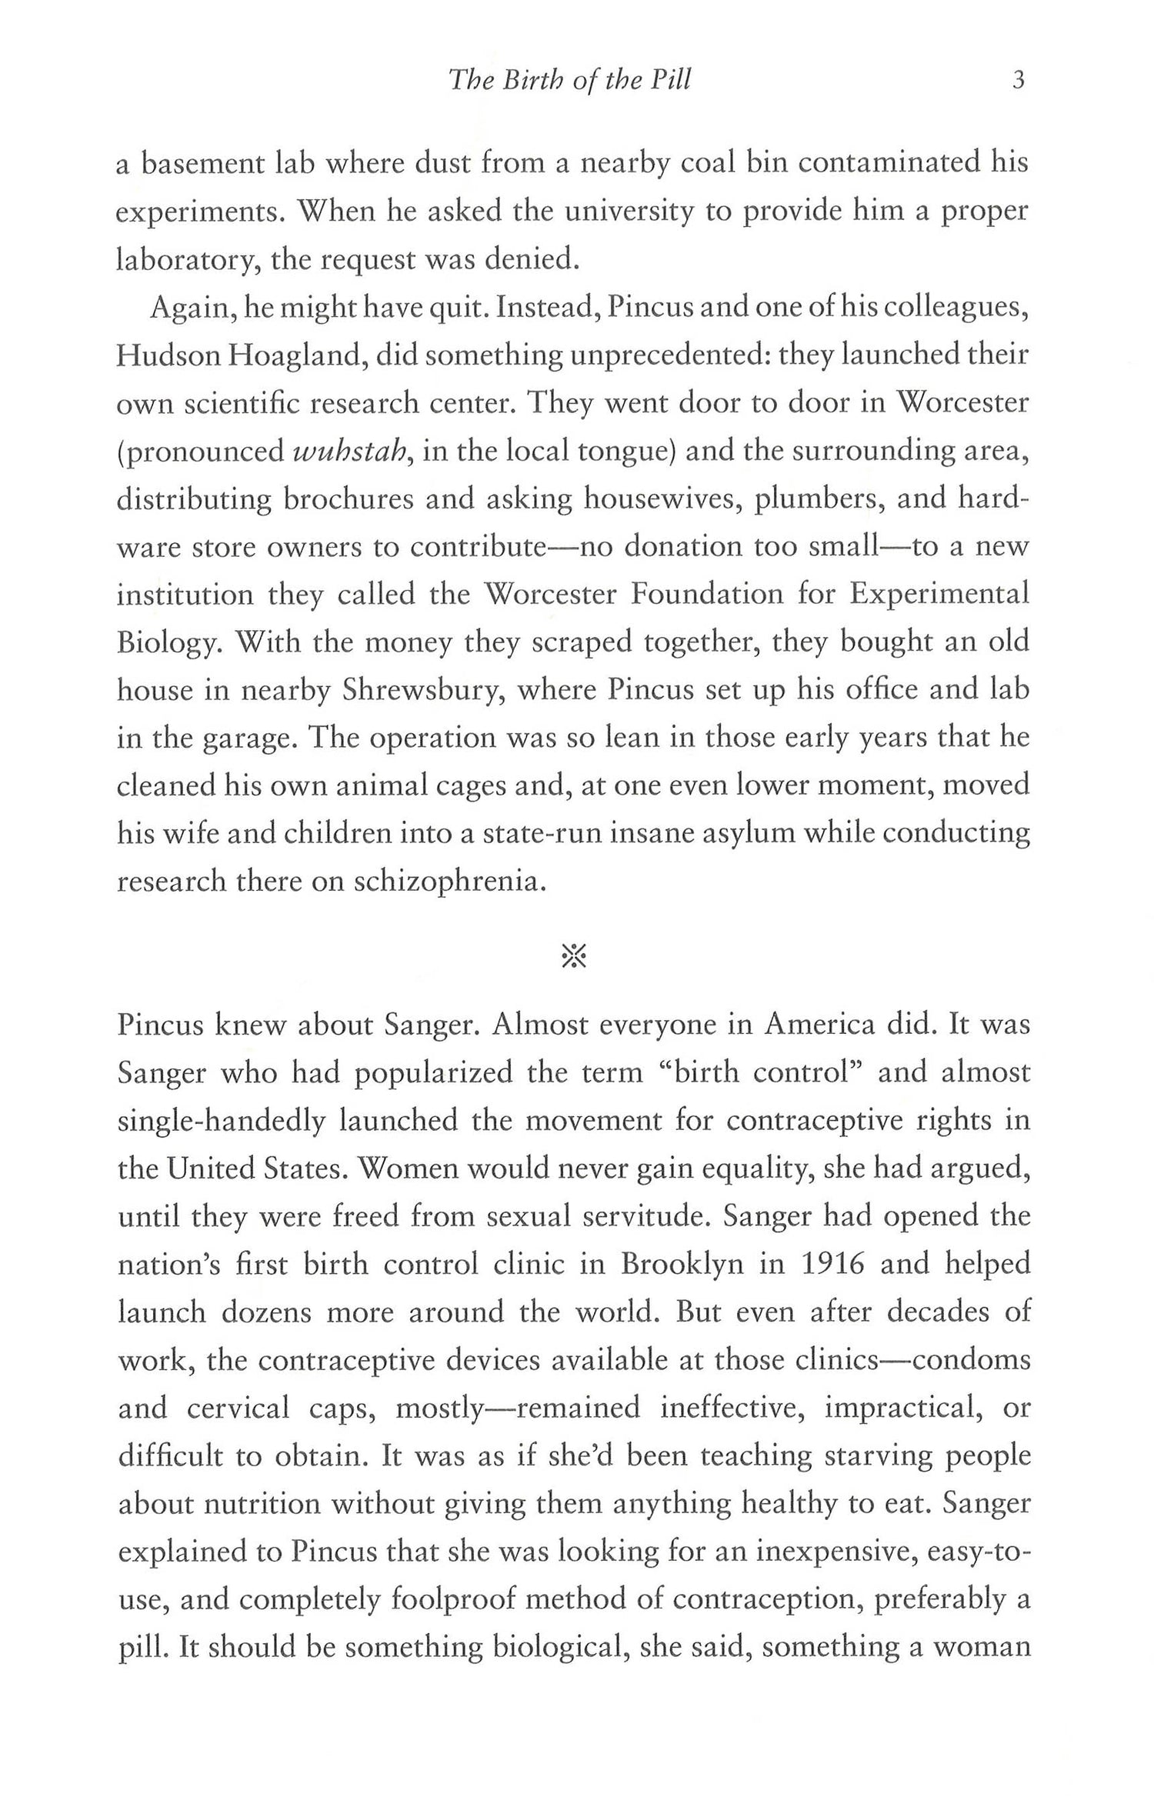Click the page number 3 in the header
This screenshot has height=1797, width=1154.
pyautogui.click(x=1019, y=81)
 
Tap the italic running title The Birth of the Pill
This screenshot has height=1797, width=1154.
pyautogui.click(x=570, y=81)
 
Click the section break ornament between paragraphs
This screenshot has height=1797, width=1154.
pyautogui.click(x=575, y=956)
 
